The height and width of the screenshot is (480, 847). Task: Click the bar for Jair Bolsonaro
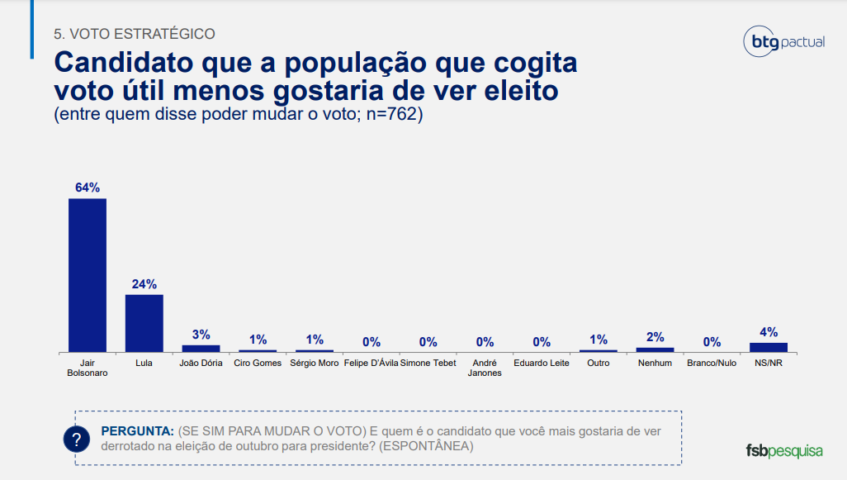click(87, 275)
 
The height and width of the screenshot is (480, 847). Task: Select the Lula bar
click(144, 323)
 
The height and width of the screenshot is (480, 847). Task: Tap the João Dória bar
click(201, 348)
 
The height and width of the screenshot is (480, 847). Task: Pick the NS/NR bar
click(769, 347)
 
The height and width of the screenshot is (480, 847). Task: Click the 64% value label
click(87, 188)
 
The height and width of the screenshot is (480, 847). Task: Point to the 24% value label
click(144, 284)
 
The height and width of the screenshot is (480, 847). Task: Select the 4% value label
click(769, 332)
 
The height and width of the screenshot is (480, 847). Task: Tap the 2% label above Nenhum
click(655, 337)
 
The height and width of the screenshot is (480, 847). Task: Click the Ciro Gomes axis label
click(258, 363)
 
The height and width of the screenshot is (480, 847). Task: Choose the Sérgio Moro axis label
click(315, 363)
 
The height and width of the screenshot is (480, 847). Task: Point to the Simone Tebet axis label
click(428, 363)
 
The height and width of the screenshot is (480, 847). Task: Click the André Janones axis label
click(485, 368)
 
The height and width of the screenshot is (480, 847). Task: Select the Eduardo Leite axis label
click(542, 363)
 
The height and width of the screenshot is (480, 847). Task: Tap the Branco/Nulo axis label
click(712, 363)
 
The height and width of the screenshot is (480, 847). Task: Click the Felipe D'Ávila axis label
click(371, 363)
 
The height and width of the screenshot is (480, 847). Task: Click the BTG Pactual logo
click(783, 41)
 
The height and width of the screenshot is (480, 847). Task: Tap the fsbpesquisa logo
click(784, 450)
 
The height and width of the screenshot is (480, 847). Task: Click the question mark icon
click(77, 439)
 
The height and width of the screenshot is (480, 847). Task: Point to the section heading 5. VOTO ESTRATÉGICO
click(135, 34)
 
